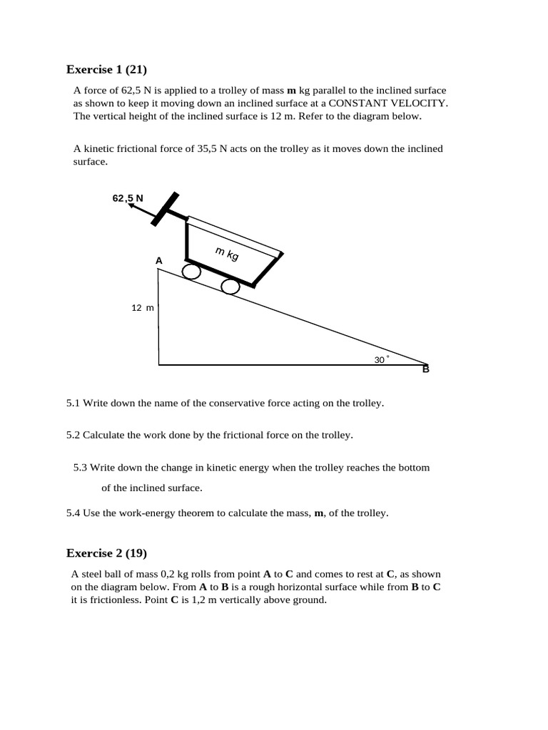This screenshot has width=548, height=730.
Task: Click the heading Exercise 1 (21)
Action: (106, 69)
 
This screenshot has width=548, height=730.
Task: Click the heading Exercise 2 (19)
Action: (106, 552)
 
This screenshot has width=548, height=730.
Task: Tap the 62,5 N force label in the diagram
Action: (128, 197)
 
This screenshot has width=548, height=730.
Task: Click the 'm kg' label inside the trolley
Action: (227, 252)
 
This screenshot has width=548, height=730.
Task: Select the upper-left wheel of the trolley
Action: (191, 272)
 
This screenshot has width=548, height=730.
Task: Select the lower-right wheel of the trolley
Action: (230, 287)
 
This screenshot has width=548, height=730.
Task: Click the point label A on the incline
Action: (159, 262)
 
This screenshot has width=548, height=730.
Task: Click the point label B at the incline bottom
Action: (426, 369)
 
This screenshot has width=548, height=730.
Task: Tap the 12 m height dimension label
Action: (142, 308)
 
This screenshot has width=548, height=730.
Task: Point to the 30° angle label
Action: (381, 360)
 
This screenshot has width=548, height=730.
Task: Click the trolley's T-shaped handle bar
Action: (165, 210)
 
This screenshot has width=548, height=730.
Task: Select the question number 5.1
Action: (73, 403)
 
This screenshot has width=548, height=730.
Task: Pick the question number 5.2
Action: (73, 435)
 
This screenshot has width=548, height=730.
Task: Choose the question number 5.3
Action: (81, 468)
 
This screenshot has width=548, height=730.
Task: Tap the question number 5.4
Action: (73, 513)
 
